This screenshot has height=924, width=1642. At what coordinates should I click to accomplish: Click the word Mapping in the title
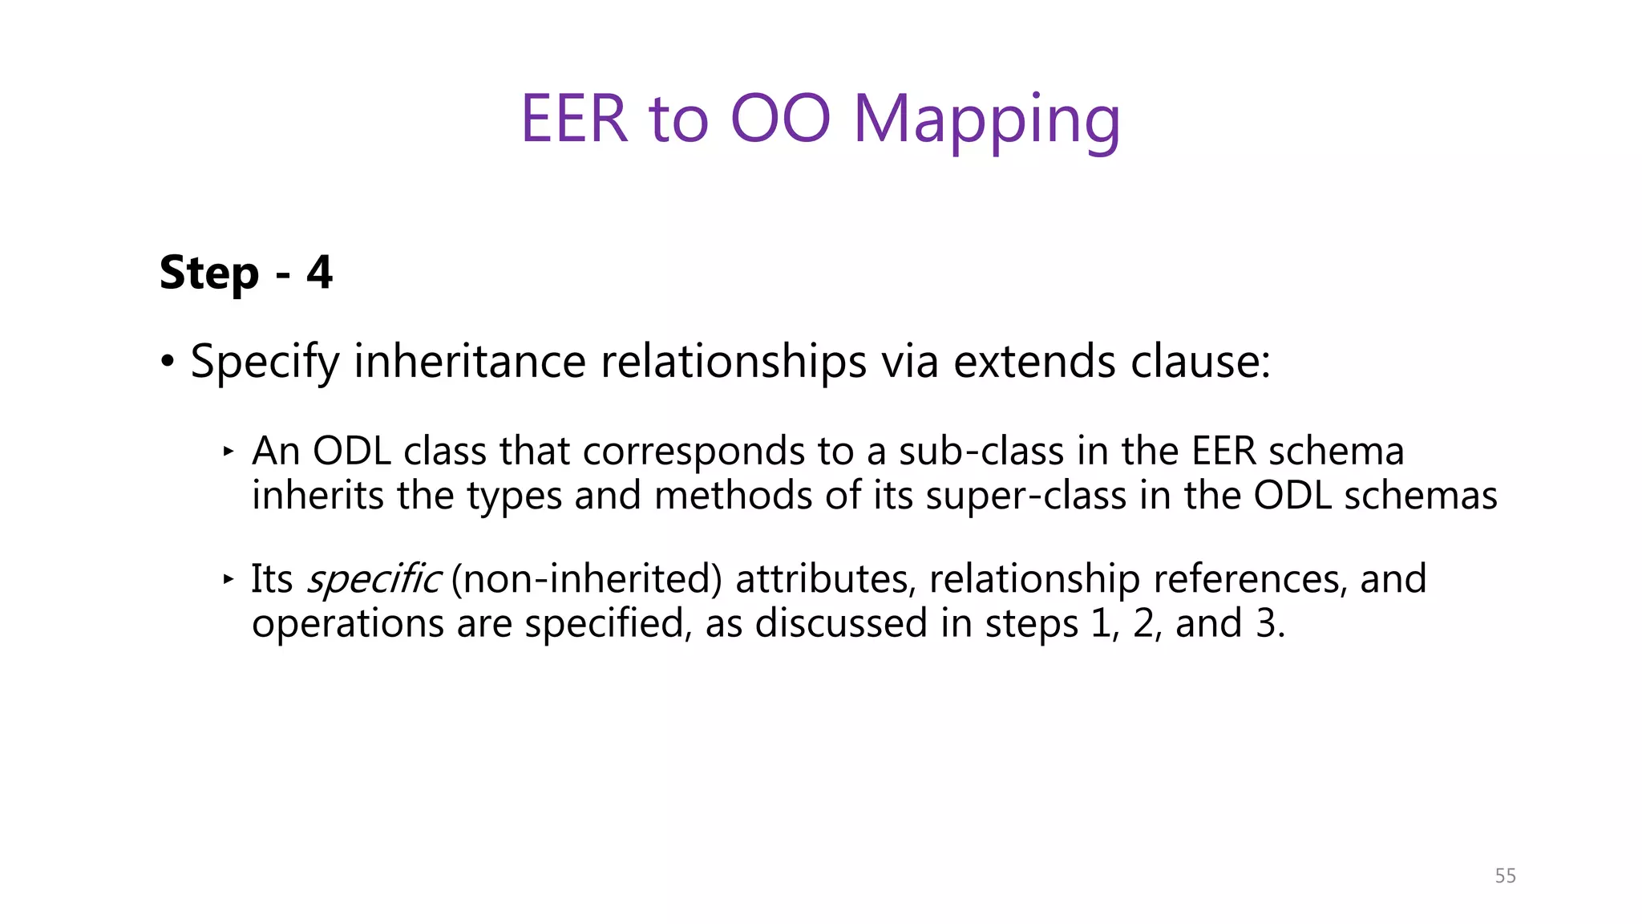coord(986,120)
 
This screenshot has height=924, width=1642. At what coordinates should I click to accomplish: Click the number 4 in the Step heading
coord(319,273)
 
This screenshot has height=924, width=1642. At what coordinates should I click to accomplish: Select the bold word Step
coord(209,274)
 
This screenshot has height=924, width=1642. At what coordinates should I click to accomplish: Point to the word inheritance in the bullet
coord(470,361)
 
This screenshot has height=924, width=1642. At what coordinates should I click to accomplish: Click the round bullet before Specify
coord(167,362)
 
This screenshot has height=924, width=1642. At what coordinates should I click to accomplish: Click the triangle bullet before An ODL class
coord(229,452)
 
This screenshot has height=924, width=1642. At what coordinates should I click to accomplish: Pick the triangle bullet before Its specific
coord(229,578)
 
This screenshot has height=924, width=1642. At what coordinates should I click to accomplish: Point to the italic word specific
coord(373,579)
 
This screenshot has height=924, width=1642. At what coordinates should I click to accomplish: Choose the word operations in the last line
coord(348,623)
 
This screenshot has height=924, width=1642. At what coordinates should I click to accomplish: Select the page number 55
coord(1505,876)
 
